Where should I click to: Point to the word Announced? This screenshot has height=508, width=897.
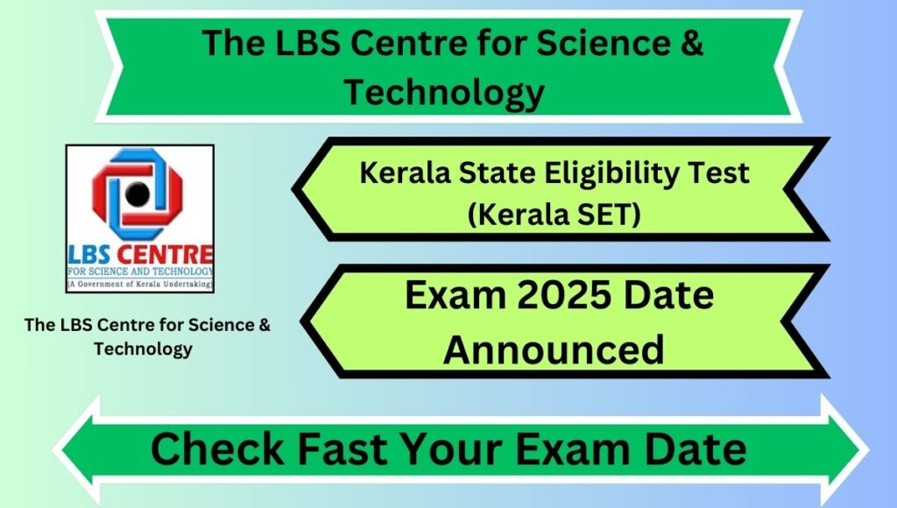tap(554, 349)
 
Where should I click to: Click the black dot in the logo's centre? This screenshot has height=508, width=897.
tap(138, 194)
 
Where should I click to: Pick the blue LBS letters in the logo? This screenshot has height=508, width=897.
tap(89, 255)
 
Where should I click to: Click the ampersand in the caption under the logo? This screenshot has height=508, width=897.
tap(265, 325)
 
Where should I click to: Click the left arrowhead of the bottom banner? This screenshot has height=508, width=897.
tap(77, 450)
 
